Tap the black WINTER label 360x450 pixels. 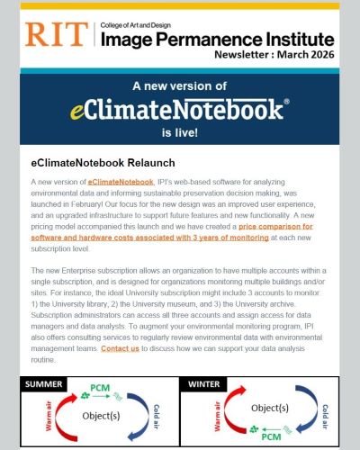tap(209, 384)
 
